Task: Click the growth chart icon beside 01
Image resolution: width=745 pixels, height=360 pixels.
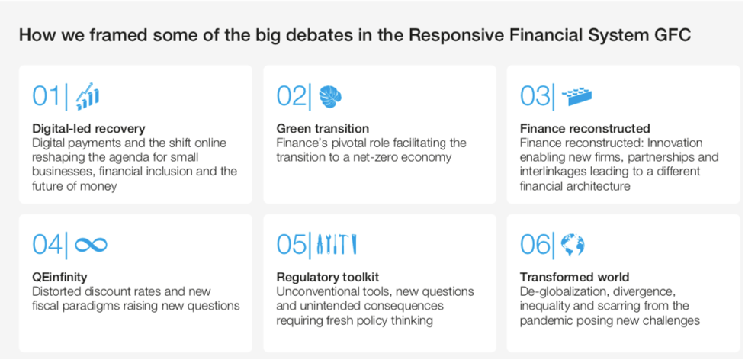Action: pos(88,96)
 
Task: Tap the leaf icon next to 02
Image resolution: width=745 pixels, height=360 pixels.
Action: pos(330,97)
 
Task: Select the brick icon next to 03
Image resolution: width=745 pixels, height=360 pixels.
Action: pos(576,97)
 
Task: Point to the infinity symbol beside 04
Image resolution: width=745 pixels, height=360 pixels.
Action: pos(91,245)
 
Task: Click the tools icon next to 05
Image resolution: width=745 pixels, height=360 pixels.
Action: pos(336,245)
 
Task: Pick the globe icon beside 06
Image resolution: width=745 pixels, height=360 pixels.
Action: pos(573,245)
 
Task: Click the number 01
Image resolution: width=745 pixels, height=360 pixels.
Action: pos(47,96)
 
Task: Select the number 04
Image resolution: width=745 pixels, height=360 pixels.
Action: pos(47,245)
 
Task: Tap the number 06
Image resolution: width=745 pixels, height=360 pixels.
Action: pos(535,245)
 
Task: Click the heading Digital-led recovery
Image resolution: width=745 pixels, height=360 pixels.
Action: pos(89,129)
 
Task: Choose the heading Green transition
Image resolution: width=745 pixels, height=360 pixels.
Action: pos(323,129)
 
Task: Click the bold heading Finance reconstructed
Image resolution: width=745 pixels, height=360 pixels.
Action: pos(585,129)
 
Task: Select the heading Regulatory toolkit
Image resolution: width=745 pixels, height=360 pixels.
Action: pos(328,278)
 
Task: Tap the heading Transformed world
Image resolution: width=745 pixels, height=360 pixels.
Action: pos(574,278)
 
